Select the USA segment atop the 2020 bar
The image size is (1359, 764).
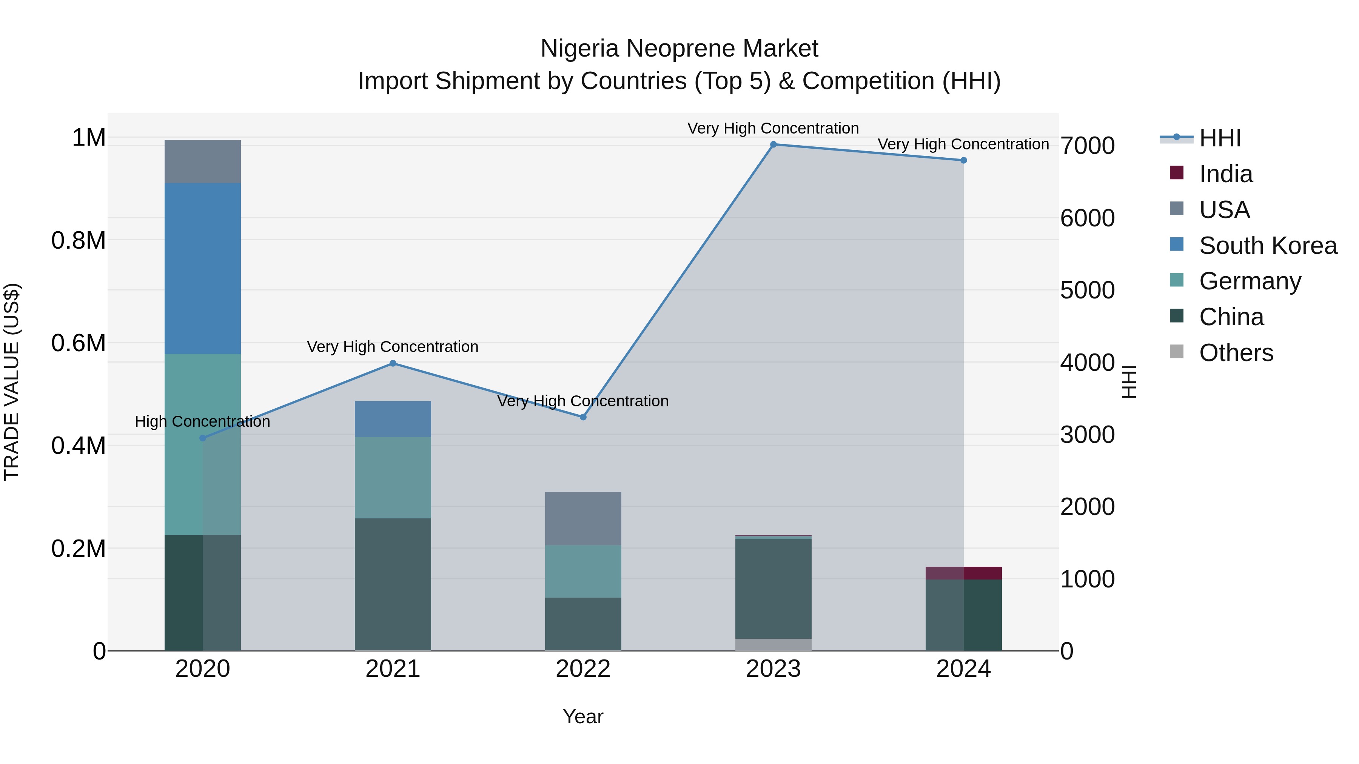tap(203, 161)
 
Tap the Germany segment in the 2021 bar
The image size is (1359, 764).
tap(393, 477)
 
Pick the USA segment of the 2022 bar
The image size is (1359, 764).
tap(583, 518)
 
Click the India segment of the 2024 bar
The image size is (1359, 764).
tap(963, 573)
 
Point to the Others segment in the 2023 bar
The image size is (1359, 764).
tap(773, 644)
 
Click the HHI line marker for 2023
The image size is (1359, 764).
tap(773, 144)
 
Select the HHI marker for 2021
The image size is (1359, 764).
tap(393, 363)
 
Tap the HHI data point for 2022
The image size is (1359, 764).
tap(583, 417)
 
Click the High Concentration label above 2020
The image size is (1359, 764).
tap(203, 421)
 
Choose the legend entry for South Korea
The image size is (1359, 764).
tap(1268, 246)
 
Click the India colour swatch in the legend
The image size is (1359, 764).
tap(1176, 173)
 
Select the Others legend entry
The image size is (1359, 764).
tap(1236, 353)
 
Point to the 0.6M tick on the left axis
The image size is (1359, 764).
tap(78, 343)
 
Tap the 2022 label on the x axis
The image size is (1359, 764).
tap(583, 669)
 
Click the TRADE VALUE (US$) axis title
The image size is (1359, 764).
tap(12, 382)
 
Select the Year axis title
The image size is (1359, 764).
tap(583, 716)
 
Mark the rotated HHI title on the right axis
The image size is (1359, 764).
tap(1128, 382)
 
